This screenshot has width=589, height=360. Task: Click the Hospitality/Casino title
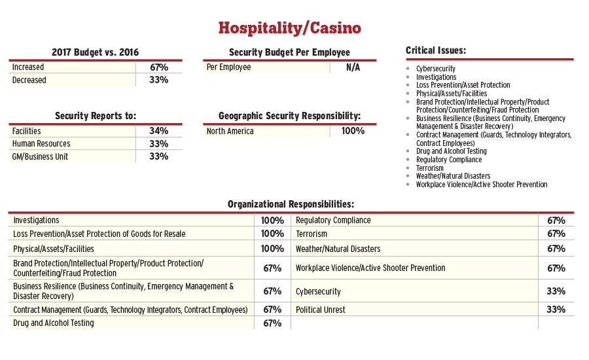click(x=289, y=28)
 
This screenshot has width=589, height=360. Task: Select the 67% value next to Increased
click(x=158, y=67)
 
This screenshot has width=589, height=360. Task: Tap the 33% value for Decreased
click(x=158, y=80)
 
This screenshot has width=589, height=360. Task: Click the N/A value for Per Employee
click(x=353, y=67)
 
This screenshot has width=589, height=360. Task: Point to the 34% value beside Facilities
click(x=158, y=131)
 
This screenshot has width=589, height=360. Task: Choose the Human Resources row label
click(x=41, y=144)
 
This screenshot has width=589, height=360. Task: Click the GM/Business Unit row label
click(x=40, y=156)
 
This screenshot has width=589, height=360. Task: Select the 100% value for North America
click(x=353, y=131)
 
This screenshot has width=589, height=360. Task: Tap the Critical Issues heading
click(x=436, y=50)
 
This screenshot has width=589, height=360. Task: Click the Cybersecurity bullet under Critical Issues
click(x=436, y=69)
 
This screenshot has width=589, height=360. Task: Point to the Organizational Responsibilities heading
click(x=291, y=204)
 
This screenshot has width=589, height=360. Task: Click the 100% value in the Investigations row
click(x=272, y=221)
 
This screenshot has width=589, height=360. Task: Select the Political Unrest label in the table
click(x=320, y=310)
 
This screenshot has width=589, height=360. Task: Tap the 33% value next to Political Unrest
click(x=556, y=310)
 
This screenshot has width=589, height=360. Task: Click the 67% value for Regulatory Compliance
click(x=556, y=221)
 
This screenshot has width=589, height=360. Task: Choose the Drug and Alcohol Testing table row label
click(x=54, y=323)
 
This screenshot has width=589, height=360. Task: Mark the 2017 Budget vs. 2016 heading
click(x=96, y=52)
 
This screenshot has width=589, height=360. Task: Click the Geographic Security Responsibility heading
click(x=289, y=116)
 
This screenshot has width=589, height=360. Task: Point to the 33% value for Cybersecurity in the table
click(x=556, y=291)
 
